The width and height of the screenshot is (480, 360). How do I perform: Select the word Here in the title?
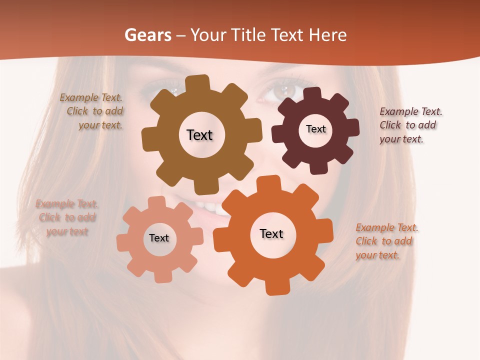(x=327, y=35)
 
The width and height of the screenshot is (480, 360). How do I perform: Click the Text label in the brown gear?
(x=199, y=135)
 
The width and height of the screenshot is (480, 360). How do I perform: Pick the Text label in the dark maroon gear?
(x=315, y=129)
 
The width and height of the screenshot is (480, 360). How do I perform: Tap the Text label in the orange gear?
(x=271, y=233)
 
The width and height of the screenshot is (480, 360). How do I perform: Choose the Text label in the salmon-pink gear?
(x=159, y=238)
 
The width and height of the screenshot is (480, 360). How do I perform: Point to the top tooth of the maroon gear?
(x=313, y=94)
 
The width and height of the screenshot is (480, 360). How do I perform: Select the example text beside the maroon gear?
(x=408, y=125)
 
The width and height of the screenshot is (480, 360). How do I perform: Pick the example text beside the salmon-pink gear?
(x=67, y=217)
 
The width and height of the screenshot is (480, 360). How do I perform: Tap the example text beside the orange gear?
(x=385, y=241)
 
